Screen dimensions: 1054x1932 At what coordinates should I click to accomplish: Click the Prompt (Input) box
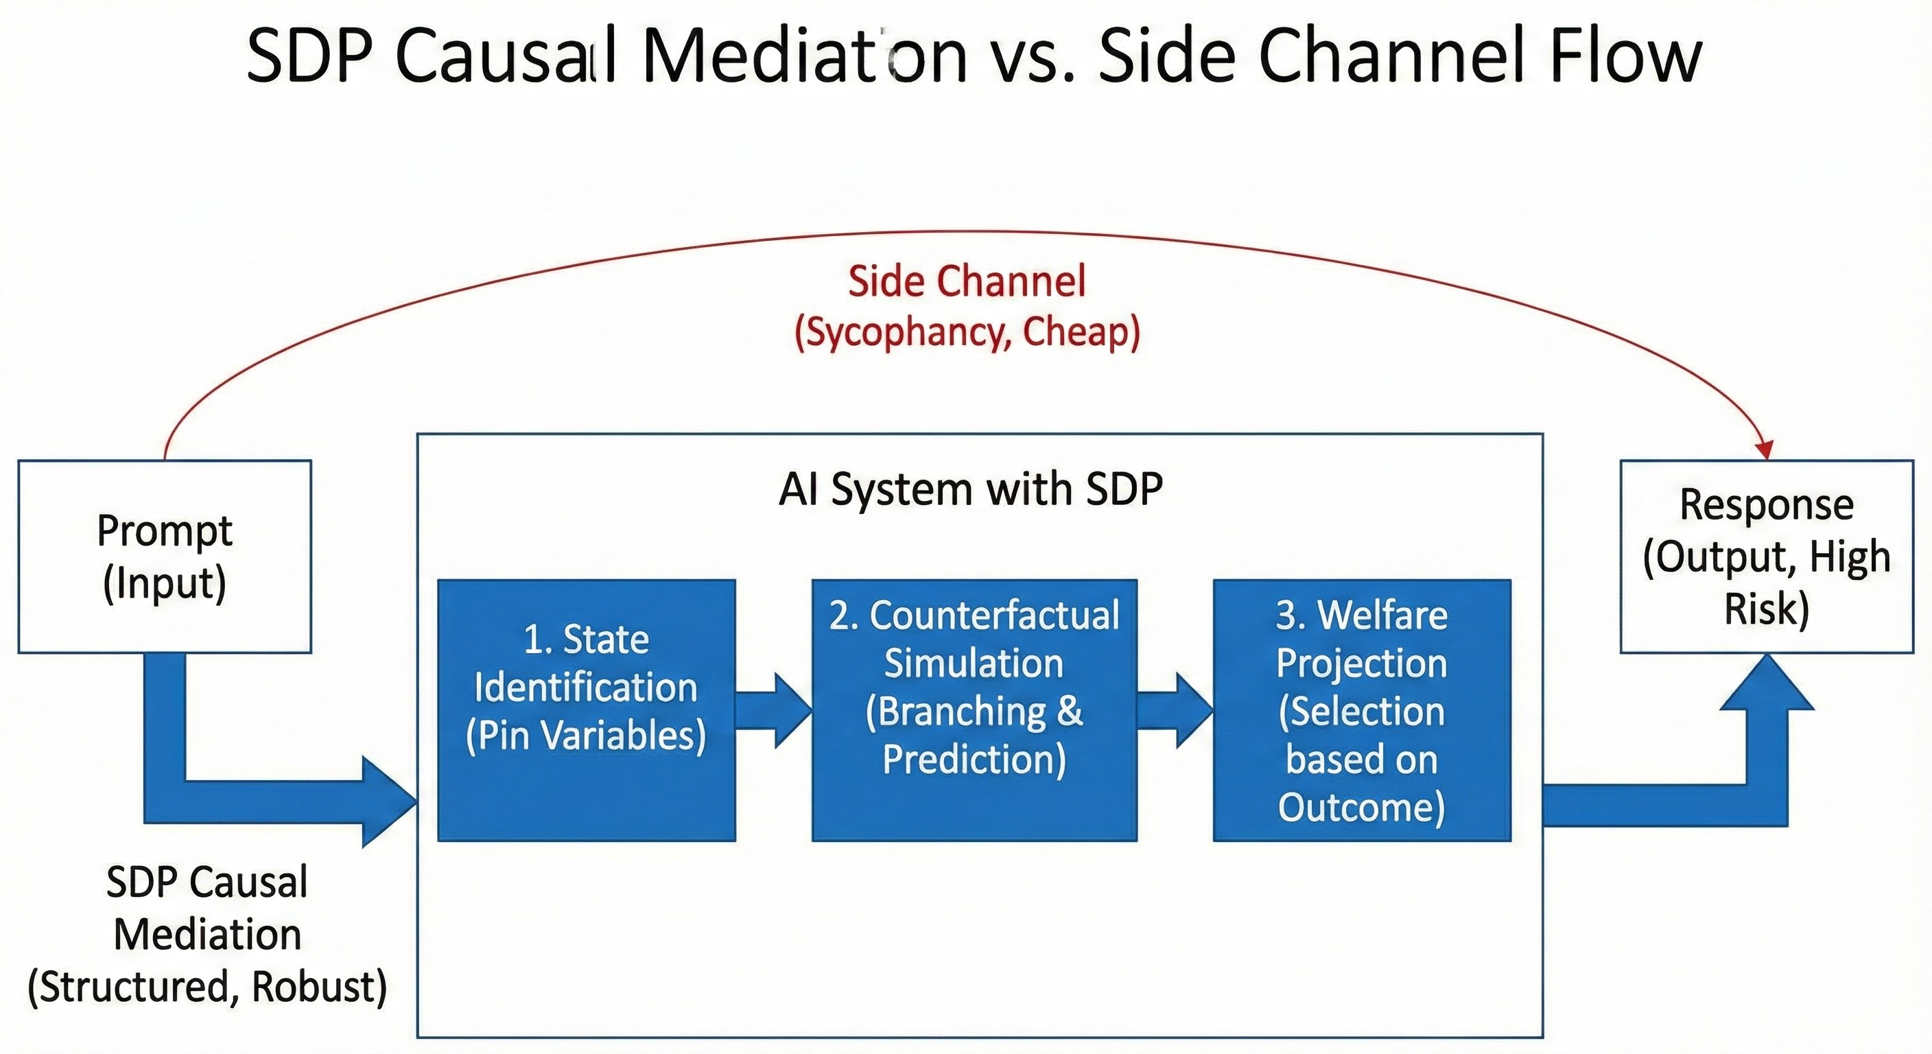164,556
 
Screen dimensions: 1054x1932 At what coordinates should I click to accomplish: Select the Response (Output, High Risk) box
1766,556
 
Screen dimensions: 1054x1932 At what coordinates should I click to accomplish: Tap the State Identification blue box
586,710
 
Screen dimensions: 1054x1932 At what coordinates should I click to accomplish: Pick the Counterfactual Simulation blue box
974,710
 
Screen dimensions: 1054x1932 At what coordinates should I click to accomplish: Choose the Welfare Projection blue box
1361,710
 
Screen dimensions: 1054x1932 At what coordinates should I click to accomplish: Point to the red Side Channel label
967,281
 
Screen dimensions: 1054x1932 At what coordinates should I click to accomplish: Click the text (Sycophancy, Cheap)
967,331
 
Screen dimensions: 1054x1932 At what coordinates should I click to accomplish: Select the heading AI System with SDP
971,489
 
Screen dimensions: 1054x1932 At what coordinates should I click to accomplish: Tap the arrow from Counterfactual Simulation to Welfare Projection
1175,710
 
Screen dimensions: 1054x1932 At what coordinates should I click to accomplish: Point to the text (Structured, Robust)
207,987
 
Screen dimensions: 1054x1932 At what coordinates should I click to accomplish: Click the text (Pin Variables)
586,735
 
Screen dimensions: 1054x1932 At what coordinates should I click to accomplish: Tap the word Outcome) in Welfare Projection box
1361,807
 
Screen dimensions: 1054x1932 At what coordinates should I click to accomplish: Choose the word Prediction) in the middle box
974,759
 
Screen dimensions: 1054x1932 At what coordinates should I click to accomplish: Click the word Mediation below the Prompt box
207,935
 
